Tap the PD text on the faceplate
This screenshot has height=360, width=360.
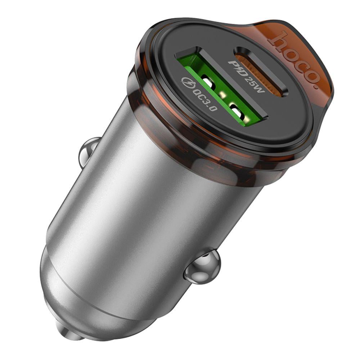236,68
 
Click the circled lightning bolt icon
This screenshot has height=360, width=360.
188,82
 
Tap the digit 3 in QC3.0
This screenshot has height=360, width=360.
207,100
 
